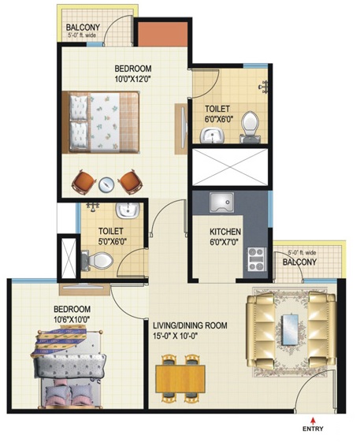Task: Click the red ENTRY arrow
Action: (313, 421)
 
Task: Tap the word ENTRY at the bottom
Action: (313, 429)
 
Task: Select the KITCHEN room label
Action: (225, 232)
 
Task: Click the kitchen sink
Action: (221, 202)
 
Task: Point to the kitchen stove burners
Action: (257, 259)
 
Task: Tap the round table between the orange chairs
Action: (106, 184)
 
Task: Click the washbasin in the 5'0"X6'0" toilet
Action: (128, 210)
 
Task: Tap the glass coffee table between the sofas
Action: (290, 329)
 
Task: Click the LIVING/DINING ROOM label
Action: (190, 325)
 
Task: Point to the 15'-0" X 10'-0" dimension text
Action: (175, 336)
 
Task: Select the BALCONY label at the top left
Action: (83, 28)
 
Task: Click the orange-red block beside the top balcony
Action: (163, 34)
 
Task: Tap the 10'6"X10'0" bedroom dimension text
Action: (72, 319)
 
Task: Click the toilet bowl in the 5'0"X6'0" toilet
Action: (98, 261)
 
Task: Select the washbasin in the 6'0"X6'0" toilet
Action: (212, 135)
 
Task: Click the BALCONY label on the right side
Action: (299, 262)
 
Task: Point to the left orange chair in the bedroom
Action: (82, 182)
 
